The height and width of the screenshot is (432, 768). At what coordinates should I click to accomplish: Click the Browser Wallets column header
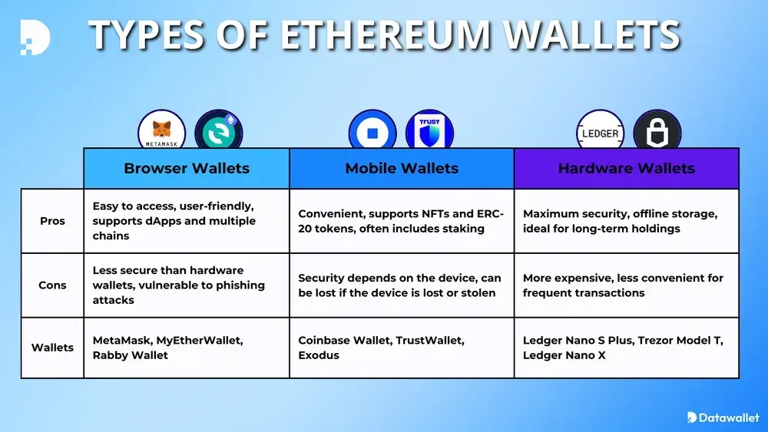pyautogui.click(x=187, y=168)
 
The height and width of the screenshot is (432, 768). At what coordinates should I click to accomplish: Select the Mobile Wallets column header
pyautogui.click(x=402, y=168)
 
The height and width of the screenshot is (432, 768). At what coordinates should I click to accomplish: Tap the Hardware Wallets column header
pyautogui.click(x=627, y=168)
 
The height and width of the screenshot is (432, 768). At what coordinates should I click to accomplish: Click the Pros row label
pyautogui.click(x=53, y=221)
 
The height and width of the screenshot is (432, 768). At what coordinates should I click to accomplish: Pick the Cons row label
pyautogui.click(x=53, y=285)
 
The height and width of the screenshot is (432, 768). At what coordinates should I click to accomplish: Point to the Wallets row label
pyautogui.click(x=53, y=348)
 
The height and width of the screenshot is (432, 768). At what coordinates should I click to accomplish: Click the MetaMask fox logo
pyautogui.click(x=162, y=130)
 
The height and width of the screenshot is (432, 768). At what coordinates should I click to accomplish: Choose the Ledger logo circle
pyautogui.click(x=600, y=133)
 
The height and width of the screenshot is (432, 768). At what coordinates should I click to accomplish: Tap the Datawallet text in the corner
pyautogui.click(x=727, y=417)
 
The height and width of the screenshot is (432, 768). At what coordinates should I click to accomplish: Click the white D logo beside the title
pyautogui.click(x=35, y=38)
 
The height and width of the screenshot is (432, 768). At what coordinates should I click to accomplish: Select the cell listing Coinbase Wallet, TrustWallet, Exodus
pyautogui.click(x=402, y=348)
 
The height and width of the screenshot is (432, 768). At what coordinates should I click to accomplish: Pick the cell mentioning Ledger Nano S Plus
pyautogui.click(x=627, y=348)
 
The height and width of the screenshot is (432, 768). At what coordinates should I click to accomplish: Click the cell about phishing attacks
pyautogui.click(x=187, y=285)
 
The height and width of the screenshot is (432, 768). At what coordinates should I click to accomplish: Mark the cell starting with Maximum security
pyautogui.click(x=627, y=221)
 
